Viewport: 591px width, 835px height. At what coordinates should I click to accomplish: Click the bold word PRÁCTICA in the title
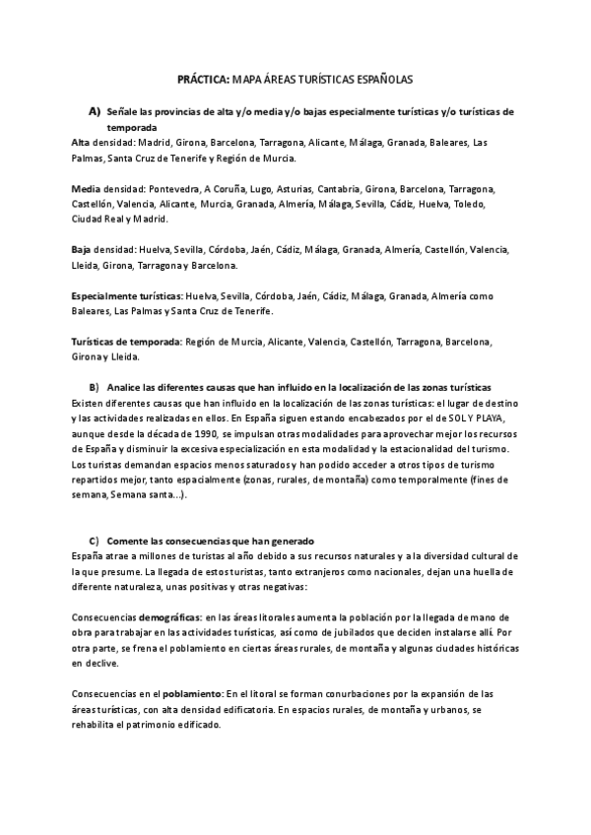(x=201, y=76)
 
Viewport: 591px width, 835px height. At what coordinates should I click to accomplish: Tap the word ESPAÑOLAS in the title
(x=380, y=76)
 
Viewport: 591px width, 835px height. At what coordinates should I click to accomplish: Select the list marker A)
(x=95, y=111)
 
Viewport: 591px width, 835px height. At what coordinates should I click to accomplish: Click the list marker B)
(x=95, y=387)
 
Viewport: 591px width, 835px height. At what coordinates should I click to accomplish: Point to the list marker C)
(x=95, y=541)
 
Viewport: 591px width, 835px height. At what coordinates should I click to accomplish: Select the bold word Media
(x=86, y=188)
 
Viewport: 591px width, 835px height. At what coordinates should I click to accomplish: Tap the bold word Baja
(x=83, y=249)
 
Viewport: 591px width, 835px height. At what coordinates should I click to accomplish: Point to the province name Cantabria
(x=368, y=188)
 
